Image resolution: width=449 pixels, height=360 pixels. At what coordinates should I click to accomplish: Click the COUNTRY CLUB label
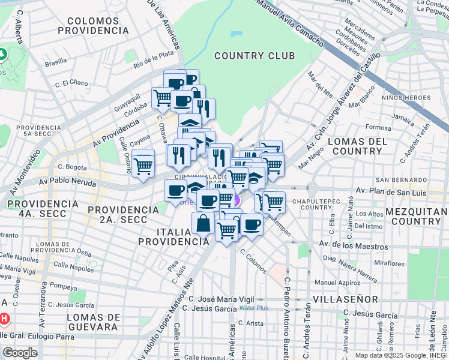point(254,56)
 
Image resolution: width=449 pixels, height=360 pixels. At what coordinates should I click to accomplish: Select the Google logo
point(20,353)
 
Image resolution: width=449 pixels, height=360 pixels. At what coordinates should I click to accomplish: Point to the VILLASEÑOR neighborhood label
point(345,299)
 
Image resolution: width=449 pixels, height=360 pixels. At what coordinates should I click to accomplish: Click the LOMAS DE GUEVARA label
point(92,322)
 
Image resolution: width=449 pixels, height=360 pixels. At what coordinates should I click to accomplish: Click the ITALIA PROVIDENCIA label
point(173,236)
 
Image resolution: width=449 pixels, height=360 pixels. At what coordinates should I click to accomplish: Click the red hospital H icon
point(4,318)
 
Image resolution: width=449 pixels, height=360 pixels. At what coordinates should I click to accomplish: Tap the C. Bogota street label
point(74,167)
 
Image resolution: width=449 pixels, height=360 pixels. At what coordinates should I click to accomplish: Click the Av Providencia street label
point(116,127)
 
